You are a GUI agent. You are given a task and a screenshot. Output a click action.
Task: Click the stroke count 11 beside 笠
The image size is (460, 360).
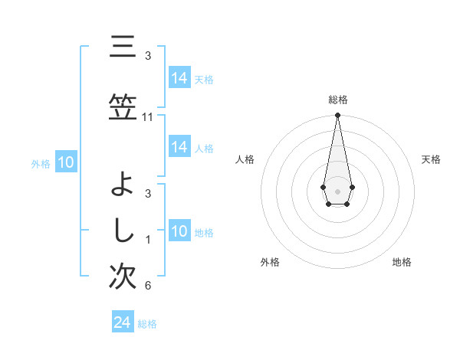click(x=148, y=117)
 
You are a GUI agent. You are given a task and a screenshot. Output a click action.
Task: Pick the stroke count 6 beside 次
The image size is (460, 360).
click(x=148, y=286)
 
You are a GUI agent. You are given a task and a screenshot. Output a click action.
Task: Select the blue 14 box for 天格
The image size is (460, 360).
click(x=179, y=78)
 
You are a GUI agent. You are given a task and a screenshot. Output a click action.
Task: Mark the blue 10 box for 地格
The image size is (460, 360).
click(x=179, y=231)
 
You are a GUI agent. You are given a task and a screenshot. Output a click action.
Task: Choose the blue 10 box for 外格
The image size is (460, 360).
click(x=65, y=162)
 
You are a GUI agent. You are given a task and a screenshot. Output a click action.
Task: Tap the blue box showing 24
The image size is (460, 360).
click(x=123, y=322)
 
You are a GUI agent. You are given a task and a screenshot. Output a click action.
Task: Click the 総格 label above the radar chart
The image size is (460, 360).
click(x=337, y=100)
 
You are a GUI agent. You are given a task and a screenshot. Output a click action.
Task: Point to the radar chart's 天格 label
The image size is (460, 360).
click(x=431, y=159)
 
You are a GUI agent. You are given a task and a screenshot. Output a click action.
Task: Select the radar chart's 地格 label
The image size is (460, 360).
click(x=402, y=262)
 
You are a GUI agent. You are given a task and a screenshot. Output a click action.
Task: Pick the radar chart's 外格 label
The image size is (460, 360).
click(x=270, y=262)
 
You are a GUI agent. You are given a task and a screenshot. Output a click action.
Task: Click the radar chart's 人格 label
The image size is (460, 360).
click(x=245, y=159)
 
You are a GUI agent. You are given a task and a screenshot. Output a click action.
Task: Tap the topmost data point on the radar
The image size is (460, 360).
click(x=337, y=116)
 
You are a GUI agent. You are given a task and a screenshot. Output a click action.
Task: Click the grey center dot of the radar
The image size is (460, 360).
click(x=337, y=190)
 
